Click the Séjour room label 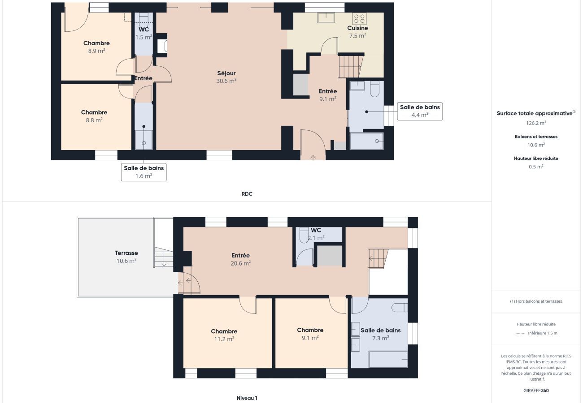click(x=226, y=77)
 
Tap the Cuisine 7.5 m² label click(x=357, y=32)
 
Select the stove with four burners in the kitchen click(x=359, y=18)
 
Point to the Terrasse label click(x=126, y=257)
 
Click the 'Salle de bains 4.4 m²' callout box click(x=420, y=111)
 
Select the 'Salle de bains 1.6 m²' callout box click(x=144, y=172)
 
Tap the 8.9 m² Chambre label click(x=96, y=47)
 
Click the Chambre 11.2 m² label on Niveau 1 click(x=224, y=335)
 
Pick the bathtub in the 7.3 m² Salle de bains click(x=388, y=359)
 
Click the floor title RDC click(x=247, y=194)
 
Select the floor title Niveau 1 click(x=247, y=398)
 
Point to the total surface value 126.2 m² click(x=536, y=123)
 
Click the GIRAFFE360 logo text click(x=536, y=390)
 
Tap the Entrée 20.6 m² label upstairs click(x=240, y=259)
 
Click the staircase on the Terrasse click(x=163, y=258)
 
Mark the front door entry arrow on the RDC click(x=313, y=157)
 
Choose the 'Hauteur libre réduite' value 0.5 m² click(x=536, y=167)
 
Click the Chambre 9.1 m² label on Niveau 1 click(x=310, y=334)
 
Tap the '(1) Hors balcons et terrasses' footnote click(x=536, y=301)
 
